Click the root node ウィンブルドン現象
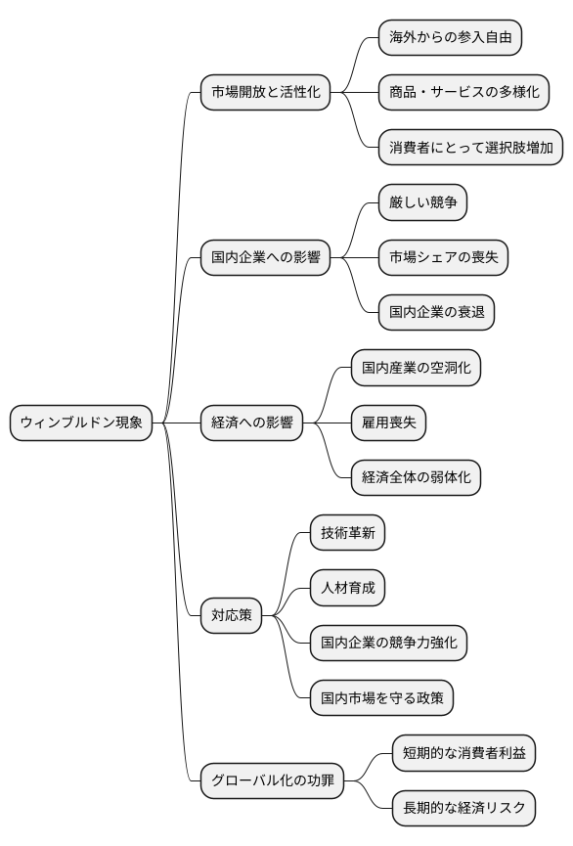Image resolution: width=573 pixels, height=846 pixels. click(x=81, y=423)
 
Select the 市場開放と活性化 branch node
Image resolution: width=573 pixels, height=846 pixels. click(x=265, y=92)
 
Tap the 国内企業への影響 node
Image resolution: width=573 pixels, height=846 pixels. click(x=265, y=257)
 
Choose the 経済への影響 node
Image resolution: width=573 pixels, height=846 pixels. click(x=251, y=423)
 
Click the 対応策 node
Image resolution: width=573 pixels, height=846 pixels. click(x=232, y=615)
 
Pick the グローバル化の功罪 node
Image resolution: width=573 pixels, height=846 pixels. click(x=272, y=780)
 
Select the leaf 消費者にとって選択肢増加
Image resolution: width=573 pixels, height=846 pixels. click(x=470, y=148)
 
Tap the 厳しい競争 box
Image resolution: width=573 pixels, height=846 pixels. click(x=422, y=202)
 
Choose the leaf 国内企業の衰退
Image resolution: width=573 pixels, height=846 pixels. click(x=436, y=313)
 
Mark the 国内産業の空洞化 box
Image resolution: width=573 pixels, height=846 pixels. click(x=416, y=368)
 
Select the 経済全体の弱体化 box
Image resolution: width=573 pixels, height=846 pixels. click(x=416, y=477)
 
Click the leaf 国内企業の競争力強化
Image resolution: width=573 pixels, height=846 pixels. click(x=388, y=643)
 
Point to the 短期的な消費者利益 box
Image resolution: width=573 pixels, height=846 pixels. click(x=463, y=753)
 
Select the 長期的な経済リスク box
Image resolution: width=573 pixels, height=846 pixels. click(x=463, y=808)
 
